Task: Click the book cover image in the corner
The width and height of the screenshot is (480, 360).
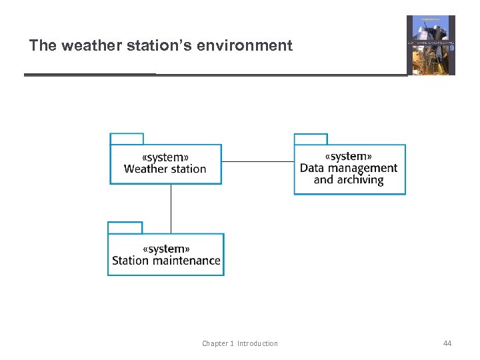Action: (x=431, y=45)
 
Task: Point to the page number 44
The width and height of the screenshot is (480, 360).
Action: (x=447, y=343)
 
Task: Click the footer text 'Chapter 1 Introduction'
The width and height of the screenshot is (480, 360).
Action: (x=240, y=343)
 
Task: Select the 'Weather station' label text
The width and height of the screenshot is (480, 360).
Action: (x=165, y=169)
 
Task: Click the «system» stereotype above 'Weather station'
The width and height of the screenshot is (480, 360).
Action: (x=165, y=157)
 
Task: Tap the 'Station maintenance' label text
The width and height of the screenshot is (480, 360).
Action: (x=166, y=261)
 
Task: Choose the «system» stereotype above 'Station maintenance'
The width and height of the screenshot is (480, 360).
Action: (x=166, y=249)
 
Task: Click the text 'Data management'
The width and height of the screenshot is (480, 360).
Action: (x=349, y=168)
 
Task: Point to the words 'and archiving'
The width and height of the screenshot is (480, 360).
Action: (x=349, y=180)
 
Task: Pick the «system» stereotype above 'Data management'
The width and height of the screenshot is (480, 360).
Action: (x=349, y=157)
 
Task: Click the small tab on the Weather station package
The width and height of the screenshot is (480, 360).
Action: (x=127, y=139)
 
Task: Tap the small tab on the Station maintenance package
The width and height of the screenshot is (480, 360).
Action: (x=125, y=227)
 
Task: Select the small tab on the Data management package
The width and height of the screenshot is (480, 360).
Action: (x=311, y=139)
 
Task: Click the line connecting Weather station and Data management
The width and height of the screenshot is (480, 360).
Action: (x=257, y=161)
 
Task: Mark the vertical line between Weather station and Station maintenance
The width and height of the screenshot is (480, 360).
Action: (x=171, y=208)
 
